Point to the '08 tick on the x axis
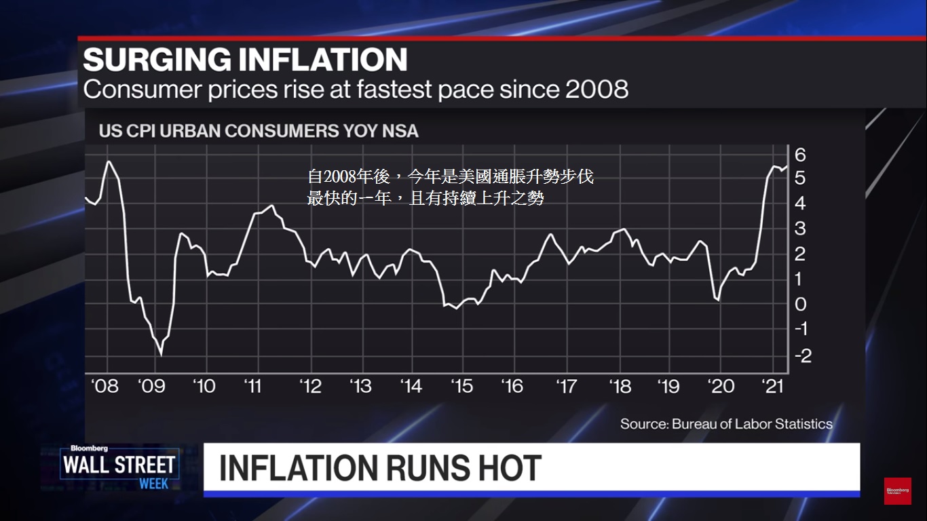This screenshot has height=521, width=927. [105, 386]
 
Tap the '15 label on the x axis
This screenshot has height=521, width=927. [461, 386]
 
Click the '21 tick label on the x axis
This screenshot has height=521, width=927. [774, 386]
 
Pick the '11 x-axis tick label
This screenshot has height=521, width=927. [252, 386]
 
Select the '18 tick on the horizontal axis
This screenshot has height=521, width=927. [620, 386]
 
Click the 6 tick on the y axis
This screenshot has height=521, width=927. [801, 155]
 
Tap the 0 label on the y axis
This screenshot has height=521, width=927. [801, 304]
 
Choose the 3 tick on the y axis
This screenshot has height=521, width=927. [801, 229]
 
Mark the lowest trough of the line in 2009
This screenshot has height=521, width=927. [161, 353]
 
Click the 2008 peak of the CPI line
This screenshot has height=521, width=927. [109, 161]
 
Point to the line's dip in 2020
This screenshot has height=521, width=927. [717, 298]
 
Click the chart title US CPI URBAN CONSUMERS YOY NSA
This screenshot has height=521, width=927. [259, 130]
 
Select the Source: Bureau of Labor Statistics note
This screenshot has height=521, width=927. [726, 424]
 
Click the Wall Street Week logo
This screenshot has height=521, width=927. [119, 467]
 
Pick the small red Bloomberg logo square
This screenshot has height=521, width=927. [897, 490]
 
